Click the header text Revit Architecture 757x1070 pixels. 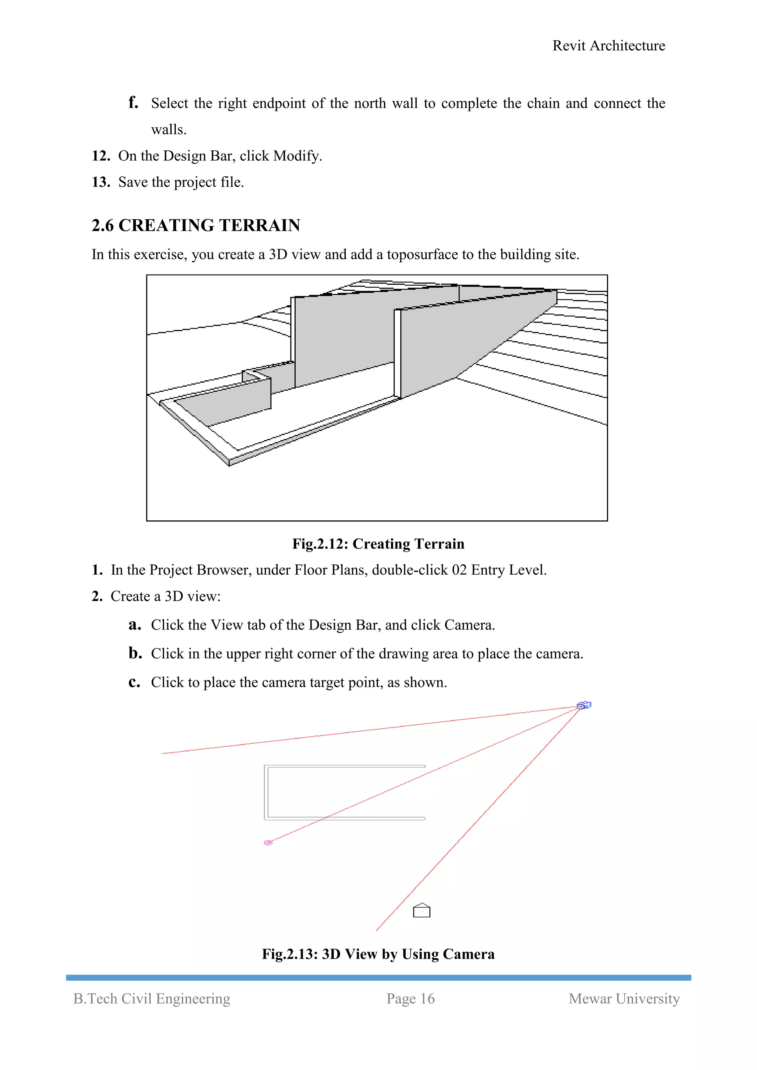click(608, 46)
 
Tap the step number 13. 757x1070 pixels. click(101, 182)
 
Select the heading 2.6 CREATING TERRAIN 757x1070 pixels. click(196, 225)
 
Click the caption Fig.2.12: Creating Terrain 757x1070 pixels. click(378, 544)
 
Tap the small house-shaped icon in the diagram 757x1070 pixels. click(421, 910)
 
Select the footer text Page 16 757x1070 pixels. click(410, 999)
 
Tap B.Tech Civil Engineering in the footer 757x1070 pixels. click(152, 999)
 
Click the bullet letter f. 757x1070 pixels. click(133, 102)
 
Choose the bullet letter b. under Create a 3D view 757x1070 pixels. click(135, 653)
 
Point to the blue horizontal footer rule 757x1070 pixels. click(378, 977)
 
